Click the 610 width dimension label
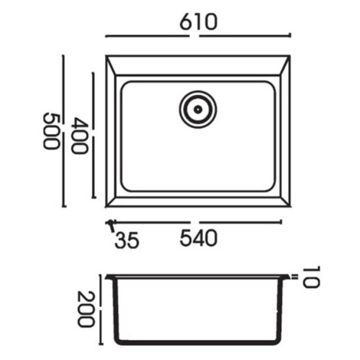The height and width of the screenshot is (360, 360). click(x=198, y=21)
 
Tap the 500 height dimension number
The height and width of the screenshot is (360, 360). click(x=51, y=131)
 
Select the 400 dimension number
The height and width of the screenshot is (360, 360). click(x=79, y=136)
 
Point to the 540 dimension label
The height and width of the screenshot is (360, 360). click(x=198, y=237)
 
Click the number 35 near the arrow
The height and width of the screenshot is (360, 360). click(x=127, y=240)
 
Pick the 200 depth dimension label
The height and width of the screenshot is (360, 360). click(x=86, y=309)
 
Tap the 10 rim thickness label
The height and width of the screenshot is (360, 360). click(x=311, y=277)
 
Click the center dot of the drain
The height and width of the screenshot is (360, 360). click(x=198, y=110)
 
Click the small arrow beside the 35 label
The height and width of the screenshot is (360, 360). click(x=111, y=224)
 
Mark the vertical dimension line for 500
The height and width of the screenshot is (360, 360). click(x=64, y=131)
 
